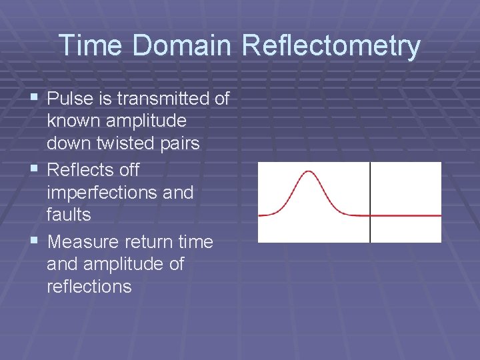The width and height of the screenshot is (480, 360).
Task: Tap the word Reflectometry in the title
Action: (x=331, y=46)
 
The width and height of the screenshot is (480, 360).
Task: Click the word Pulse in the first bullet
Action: (x=70, y=99)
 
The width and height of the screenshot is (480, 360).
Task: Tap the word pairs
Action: (x=179, y=144)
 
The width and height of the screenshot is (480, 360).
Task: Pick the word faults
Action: (x=69, y=215)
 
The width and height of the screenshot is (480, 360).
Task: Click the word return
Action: (x=149, y=241)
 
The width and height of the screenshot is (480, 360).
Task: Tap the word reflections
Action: (x=89, y=287)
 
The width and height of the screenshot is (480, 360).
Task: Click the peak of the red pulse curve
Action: (x=307, y=172)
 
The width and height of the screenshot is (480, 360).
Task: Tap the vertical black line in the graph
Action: (x=370, y=187)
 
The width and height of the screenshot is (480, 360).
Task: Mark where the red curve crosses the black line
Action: (x=370, y=215)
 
